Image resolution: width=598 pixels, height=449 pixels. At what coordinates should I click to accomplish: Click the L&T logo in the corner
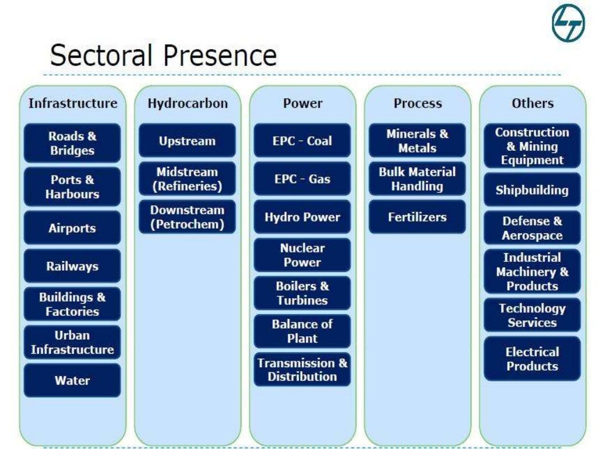coord(568,23)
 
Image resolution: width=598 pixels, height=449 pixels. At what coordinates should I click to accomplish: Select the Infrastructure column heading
coord(72,103)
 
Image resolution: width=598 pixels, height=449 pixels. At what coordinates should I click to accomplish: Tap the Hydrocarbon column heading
coord(187,103)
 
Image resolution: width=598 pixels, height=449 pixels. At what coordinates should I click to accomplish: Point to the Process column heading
coord(418,103)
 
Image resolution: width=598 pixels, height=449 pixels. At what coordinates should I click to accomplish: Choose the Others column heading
coord(532,103)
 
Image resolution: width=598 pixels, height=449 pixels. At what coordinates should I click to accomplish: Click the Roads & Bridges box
coord(72,143)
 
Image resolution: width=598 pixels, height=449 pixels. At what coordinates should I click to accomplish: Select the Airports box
coord(72,228)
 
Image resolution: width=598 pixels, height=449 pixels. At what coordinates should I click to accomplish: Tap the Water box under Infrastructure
coord(72,381)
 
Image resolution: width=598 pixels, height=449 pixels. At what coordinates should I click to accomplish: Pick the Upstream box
coord(187,141)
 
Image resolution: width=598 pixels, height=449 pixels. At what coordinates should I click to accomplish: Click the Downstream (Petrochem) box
coord(187,217)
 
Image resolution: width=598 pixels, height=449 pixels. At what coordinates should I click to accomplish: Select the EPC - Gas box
coord(303,179)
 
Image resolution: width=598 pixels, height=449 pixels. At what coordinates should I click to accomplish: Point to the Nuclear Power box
coord(303,255)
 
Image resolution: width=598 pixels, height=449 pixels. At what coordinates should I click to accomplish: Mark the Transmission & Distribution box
coord(303,369)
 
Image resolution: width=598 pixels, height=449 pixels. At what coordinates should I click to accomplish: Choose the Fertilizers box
coord(418,217)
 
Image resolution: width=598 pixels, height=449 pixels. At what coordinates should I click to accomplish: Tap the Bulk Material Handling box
coord(418,179)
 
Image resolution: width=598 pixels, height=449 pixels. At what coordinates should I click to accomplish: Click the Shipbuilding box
coord(532,190)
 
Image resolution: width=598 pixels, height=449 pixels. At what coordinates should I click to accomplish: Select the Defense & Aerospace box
coord(532,228)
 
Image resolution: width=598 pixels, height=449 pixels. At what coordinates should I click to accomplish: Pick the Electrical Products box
coord(532,359)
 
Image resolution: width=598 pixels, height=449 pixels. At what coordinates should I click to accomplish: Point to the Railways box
coord(72,266)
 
